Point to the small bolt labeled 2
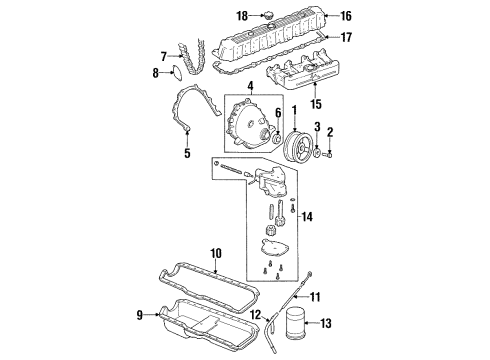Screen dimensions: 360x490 [x=332, y=155]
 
